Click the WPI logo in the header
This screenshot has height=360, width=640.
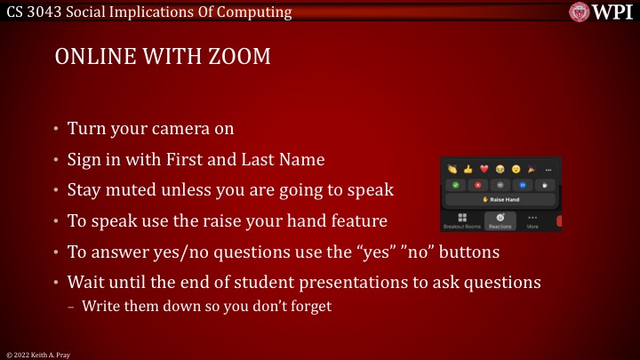point(601,12)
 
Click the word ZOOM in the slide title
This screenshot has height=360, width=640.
point(240,58)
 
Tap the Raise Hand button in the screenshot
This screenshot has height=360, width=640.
point(502,199)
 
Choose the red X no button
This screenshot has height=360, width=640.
point(477,185)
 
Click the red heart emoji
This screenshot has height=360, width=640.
point(484,169)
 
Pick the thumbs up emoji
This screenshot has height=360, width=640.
point(468,169)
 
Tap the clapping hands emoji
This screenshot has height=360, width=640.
point(452,169)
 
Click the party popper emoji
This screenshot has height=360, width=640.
point(532,169)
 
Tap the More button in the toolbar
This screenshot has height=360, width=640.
point(533,221)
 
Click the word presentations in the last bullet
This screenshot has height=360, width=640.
point(393,283)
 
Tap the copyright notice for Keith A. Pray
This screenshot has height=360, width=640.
point(37,354)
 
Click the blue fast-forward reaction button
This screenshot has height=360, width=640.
point(524,185)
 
